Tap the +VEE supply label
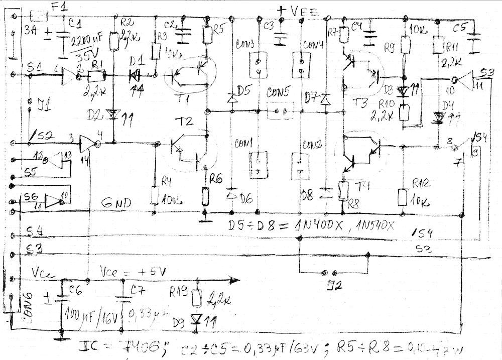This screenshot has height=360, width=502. pos(300,10)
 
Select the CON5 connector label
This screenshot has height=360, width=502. pos(277,93)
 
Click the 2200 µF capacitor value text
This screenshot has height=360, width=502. pos(85,41)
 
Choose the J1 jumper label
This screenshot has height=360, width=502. pos(44,105)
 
